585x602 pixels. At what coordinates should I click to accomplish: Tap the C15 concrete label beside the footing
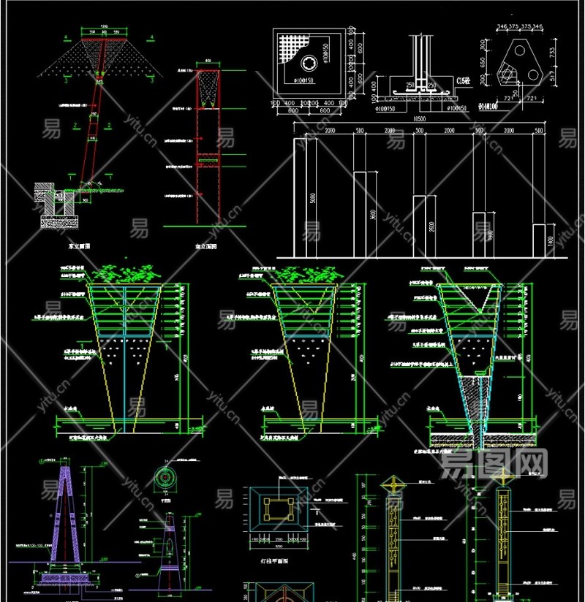[462, 80]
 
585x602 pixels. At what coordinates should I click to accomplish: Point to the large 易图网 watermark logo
[494, 462]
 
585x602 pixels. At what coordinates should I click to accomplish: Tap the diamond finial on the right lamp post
[502, 476]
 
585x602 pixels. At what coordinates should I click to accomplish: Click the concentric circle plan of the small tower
[165, 477]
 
